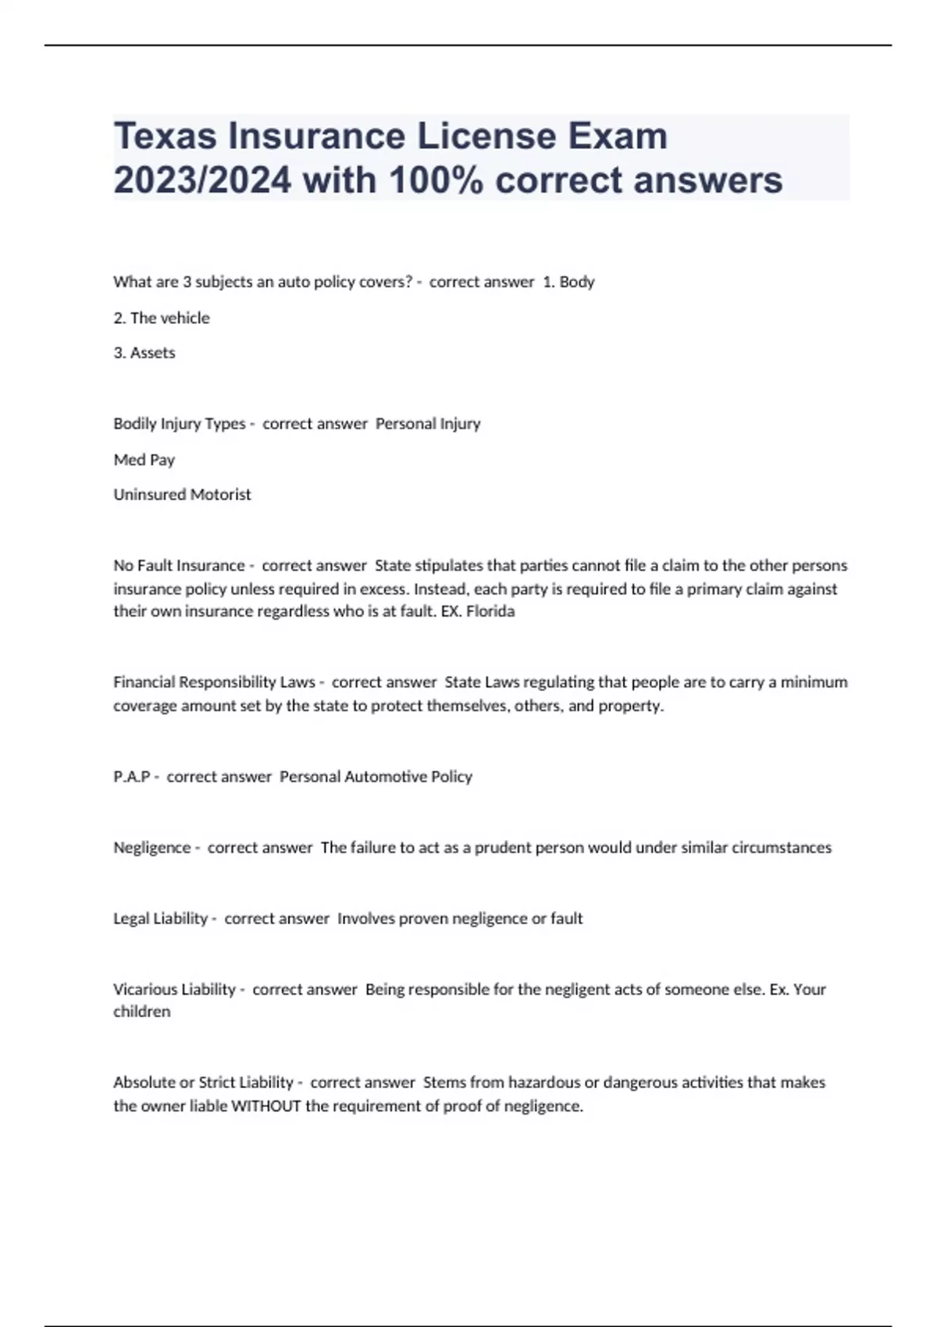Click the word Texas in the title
coord(165,137)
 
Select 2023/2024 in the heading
coord(202,180)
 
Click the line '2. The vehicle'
coord(162,318)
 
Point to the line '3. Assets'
coord(144,353)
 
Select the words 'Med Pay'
coord(144,460)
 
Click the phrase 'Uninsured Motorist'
coord(182,495)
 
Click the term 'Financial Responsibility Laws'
coord(214,682)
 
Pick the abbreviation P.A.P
coord(132,777)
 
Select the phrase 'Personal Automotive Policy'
coord(376,777)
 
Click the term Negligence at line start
coord(152,848)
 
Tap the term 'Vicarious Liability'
coord(174,990)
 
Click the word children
coord(141,1012)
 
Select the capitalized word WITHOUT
coord(266,1106)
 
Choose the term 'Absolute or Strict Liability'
coord(203,1083)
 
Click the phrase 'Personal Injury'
coord(428,424)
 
